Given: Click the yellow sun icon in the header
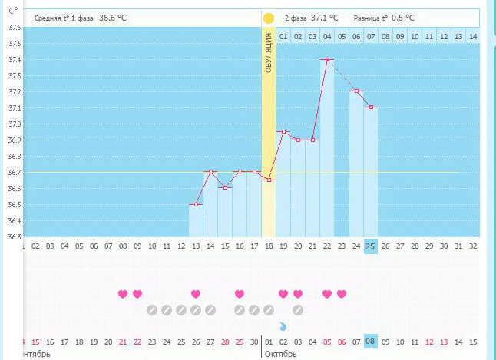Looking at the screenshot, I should click(268, 18).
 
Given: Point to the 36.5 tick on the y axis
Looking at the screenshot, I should click(15, 205).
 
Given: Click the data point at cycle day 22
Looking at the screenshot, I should click(327, 59).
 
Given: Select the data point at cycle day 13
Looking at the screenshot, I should click(196, 204).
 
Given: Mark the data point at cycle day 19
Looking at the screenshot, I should click(283, 132).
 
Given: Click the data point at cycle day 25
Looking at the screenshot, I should click(371, 107).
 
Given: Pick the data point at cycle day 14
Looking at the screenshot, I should click(210, 172).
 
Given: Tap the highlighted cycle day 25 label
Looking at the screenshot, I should click(371, 246).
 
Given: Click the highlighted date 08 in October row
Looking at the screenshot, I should click(371, 342).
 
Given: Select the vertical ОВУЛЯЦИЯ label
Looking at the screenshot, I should click(269, 54).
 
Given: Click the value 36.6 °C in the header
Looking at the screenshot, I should click(114, 18).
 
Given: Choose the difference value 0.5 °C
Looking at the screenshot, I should click(399, 18).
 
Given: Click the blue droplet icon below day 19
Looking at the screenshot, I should click(283, 326).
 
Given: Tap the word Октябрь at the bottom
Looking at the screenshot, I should click(280, 354).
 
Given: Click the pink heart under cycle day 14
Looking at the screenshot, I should click(196, 294).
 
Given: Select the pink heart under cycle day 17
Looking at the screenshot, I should click(240, 294).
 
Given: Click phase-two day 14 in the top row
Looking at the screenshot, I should click(472, 36).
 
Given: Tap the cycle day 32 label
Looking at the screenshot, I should click(473, 246).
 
